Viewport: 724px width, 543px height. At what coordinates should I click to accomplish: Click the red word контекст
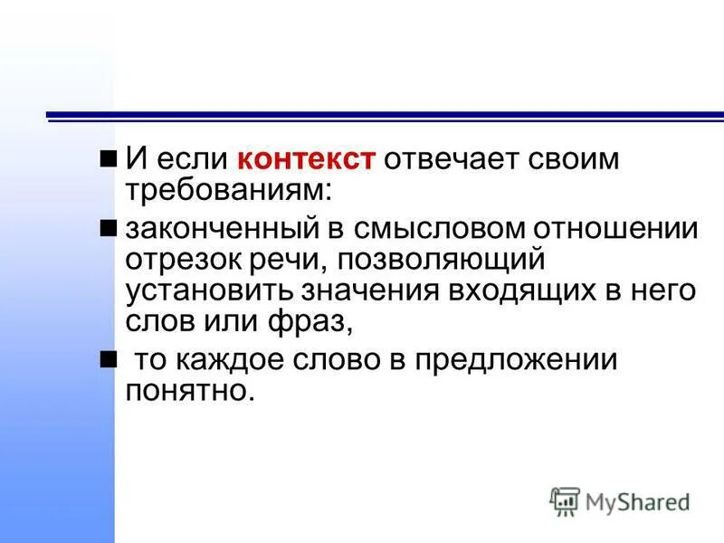(306, 161)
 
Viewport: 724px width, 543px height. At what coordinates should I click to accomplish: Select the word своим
(567, 161)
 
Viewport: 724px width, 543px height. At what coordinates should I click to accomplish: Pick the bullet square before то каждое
(109, 359)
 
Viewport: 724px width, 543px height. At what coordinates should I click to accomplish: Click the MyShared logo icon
(565, 500)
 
